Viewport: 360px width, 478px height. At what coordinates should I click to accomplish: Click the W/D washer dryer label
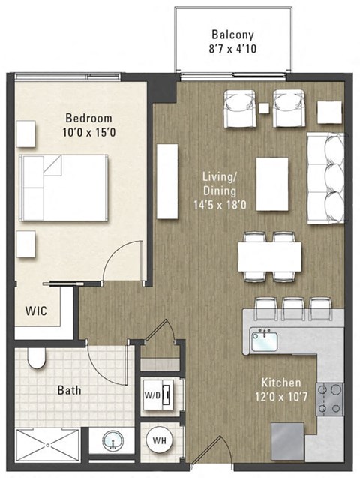click(151, 392)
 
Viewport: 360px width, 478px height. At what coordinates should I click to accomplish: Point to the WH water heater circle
click(159, 440)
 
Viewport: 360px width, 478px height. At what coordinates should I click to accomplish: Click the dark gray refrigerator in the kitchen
click(287, 437)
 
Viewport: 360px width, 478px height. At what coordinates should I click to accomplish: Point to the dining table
click(269, 257)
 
